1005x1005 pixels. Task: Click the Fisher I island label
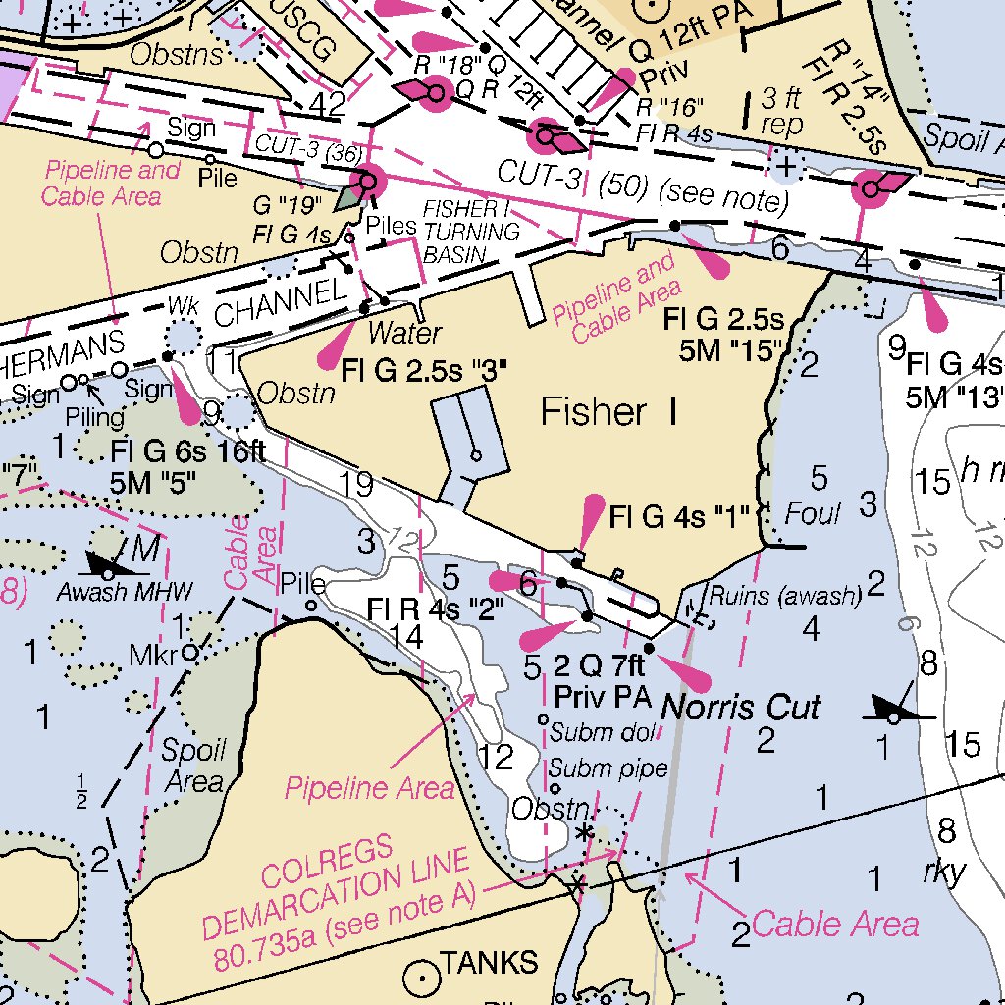[608, 412]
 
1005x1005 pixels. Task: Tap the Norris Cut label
[740, 707]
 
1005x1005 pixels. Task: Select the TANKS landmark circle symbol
[424, 976]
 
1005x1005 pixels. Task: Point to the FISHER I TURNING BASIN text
[471, 233]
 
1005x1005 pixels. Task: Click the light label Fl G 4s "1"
[679, 517]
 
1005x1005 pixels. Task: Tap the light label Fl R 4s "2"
[435, 610]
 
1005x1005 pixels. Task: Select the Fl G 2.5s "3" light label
[424, 371]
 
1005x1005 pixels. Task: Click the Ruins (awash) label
[784, 594]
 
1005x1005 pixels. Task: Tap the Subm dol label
[590, 732]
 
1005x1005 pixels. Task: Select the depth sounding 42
[326, 105]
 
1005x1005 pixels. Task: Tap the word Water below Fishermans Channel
[404, 333]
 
